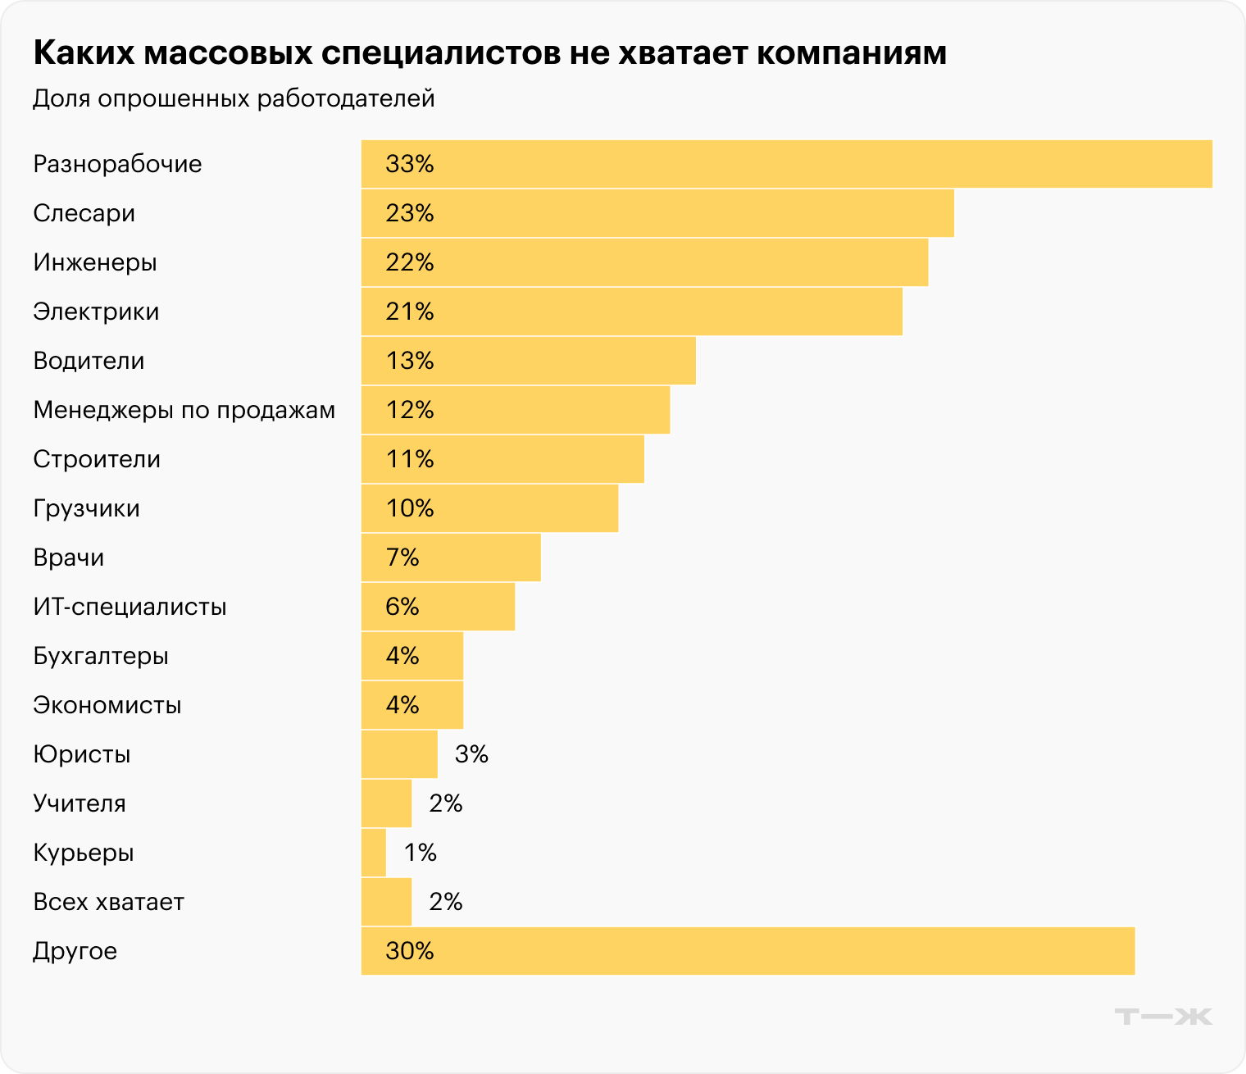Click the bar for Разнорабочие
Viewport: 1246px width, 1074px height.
[787, 164]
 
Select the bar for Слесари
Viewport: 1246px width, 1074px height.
[657, 213]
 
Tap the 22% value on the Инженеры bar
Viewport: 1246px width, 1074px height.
[409, 262]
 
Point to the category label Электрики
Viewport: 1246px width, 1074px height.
[96, 312]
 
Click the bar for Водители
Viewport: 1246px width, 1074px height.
[529, 361]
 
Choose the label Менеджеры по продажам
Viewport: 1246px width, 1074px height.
[184, 410]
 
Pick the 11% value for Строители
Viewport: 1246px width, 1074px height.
[409, 459]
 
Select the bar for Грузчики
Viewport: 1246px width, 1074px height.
[489, 508]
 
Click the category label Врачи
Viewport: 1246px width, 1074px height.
[69, 557]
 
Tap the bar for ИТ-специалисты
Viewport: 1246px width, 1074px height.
[438, 607]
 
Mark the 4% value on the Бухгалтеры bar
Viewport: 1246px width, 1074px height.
[402, 656]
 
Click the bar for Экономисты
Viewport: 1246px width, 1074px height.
[412, 705]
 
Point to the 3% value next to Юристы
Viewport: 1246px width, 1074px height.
[471, 754]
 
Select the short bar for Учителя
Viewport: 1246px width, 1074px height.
[386, 803]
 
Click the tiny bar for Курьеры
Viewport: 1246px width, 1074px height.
[374, 853]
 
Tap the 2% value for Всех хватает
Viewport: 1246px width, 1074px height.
[446, 902]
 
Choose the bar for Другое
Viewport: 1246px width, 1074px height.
[748, 951]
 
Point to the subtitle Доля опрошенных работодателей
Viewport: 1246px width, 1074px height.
[234, 98]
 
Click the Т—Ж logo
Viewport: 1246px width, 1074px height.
[1163, 1017]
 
